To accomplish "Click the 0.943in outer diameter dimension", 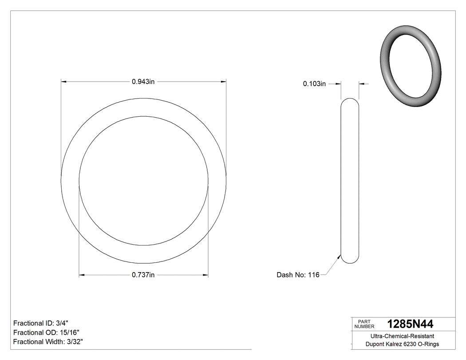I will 143,82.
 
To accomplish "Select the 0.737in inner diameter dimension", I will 143,275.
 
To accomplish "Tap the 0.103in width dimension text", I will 315,83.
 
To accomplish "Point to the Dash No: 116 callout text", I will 298,275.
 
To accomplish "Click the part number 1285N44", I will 410,324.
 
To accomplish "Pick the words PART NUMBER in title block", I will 364,324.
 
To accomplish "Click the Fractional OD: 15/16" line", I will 47,332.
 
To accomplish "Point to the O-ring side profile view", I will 350,181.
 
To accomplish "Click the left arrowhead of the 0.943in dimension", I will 63,82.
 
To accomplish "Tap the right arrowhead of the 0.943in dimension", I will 224,82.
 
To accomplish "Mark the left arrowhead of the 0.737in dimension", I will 82,275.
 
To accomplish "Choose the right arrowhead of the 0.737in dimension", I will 205,275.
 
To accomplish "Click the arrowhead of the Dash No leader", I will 340,257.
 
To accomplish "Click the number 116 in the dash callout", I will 314,275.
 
